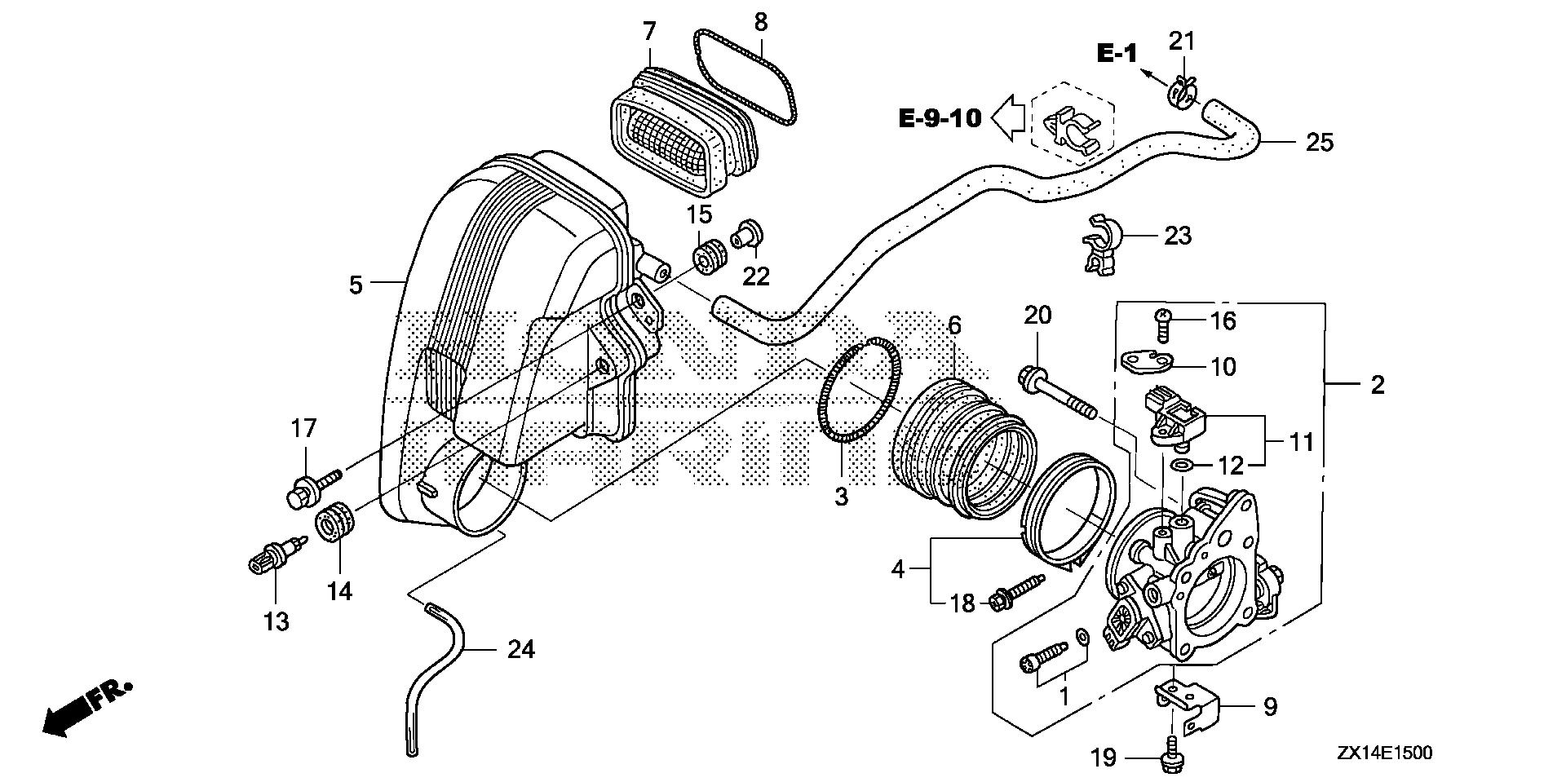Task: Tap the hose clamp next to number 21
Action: [x=1182, y=91]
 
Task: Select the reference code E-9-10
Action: [x=940, y=118]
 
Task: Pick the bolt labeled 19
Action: [x=1172, y=757]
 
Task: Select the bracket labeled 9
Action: [x=1187, y=705]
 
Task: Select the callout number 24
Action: [x=520, y=650]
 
